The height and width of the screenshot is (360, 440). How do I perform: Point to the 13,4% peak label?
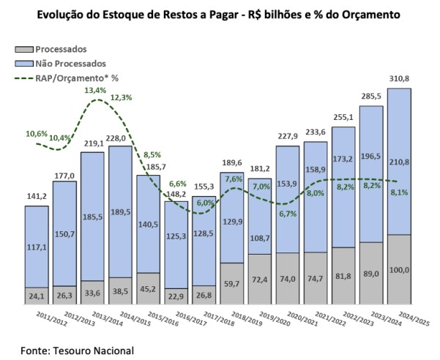pyautogui.click(x=94, y=91)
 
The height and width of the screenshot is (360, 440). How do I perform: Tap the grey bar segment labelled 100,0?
pyautogui.click(x=399, y=271)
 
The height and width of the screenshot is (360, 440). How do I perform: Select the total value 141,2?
pyautogui.click(x=37, y=196)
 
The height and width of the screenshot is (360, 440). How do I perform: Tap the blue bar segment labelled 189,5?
pyautogui.click(x=121, y=212)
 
